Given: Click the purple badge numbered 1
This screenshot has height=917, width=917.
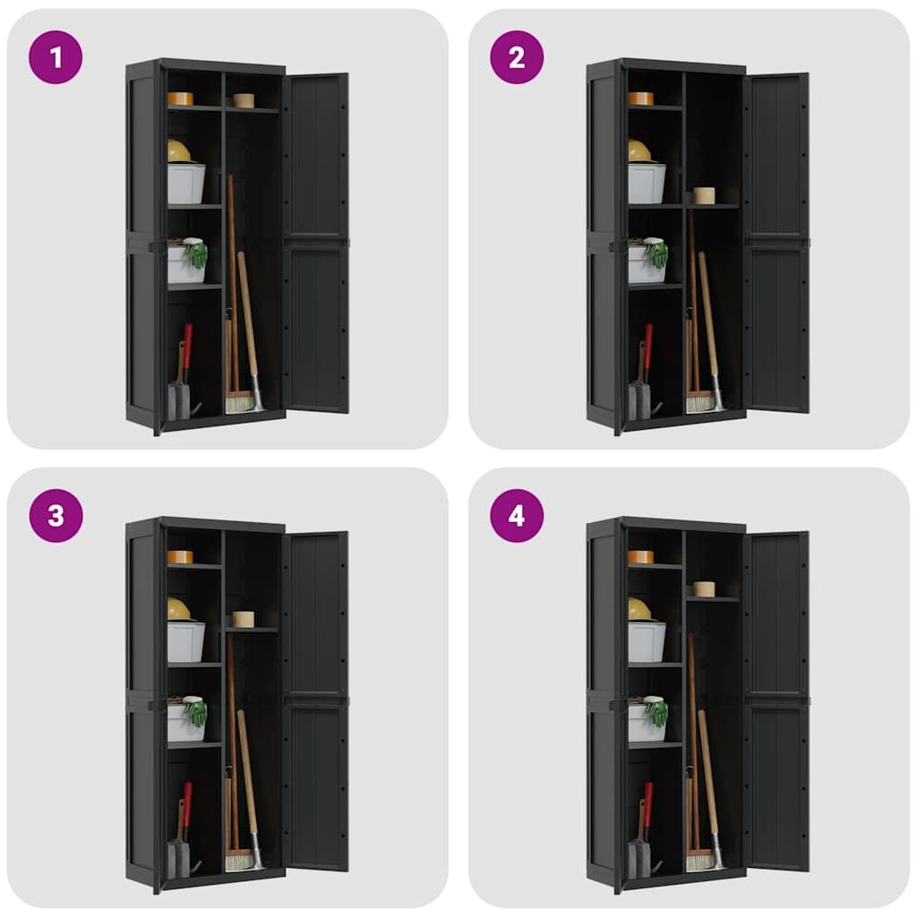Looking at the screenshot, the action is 56,57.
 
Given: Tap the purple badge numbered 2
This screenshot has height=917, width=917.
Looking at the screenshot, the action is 517,57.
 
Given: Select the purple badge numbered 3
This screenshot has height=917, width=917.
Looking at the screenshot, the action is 56,516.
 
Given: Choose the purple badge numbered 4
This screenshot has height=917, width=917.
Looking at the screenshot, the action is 517,516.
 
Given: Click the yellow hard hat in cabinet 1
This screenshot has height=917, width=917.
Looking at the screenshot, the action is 179,151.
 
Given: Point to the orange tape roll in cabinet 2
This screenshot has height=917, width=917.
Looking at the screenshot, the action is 641,99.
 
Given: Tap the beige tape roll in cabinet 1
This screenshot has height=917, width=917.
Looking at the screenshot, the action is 244,100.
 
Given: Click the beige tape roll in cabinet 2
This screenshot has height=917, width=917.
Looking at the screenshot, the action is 704,195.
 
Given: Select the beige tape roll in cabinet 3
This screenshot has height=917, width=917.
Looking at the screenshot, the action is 244,620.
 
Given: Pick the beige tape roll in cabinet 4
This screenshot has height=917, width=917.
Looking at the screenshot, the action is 704,589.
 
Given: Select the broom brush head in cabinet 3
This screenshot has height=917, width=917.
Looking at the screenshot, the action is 240,861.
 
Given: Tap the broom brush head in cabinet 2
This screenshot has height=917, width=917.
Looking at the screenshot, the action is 700,402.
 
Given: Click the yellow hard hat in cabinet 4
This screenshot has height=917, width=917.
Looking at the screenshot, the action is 640,610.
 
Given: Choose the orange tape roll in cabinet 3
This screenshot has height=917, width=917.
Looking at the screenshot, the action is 180,557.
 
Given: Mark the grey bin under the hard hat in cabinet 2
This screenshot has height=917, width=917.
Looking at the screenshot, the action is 647,184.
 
